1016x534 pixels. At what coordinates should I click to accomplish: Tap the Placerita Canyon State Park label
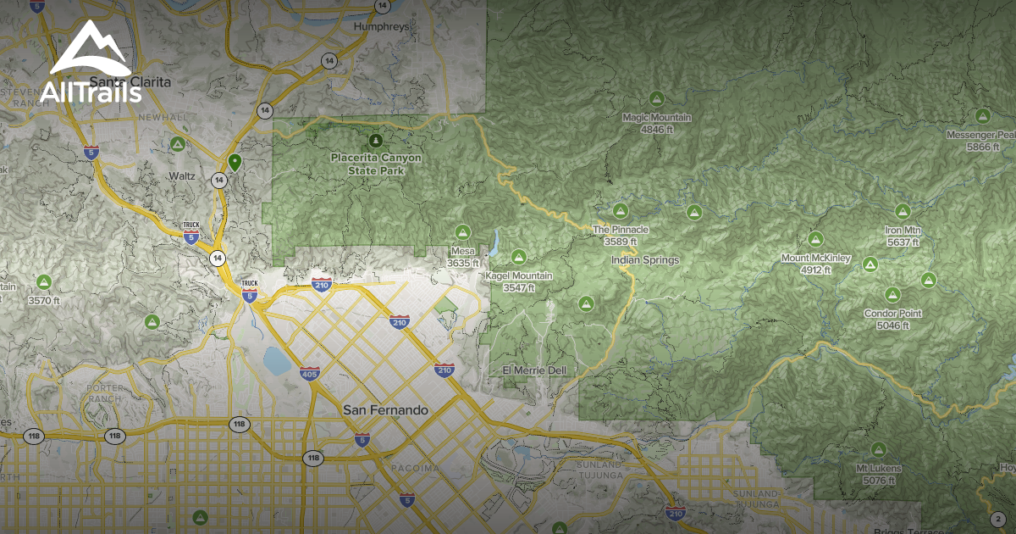point(375,164)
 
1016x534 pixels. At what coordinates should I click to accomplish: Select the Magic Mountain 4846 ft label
point(656,124)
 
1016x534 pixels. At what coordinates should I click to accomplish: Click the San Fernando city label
point(385,410)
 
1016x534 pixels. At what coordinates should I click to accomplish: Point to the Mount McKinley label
point(815,264)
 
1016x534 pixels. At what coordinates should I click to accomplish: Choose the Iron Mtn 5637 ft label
point(903,236)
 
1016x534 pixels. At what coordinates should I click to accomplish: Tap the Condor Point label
point(892,319)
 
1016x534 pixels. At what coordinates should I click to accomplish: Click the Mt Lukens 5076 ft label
point(878,474)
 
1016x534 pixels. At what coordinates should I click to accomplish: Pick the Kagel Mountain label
point(519,281)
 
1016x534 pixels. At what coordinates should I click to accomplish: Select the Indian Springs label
point(645,260)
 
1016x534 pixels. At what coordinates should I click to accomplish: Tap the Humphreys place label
point(383,26)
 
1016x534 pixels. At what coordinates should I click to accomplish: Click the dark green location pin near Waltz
point(235,161)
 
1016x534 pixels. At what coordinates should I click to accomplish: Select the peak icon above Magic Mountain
point(655,98)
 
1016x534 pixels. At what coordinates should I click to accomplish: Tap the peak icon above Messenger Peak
point(982,115)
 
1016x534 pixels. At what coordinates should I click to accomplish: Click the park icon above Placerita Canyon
point(376,139)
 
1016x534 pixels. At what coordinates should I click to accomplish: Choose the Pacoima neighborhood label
point(415,468)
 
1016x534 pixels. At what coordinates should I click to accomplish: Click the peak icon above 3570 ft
point(43,281)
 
